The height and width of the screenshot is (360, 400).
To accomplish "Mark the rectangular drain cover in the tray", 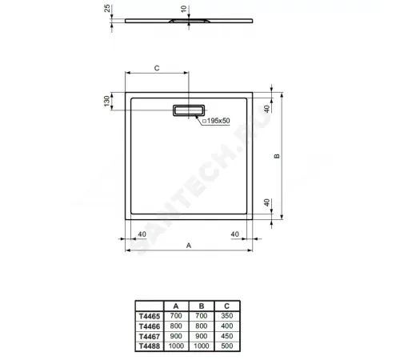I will [x=189, y=110].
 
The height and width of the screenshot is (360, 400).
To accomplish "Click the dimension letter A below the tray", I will [x=188, y=246].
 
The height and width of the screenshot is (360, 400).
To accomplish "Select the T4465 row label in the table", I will [x=151, y=318].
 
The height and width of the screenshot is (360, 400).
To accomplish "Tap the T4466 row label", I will [x=151, y=326].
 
